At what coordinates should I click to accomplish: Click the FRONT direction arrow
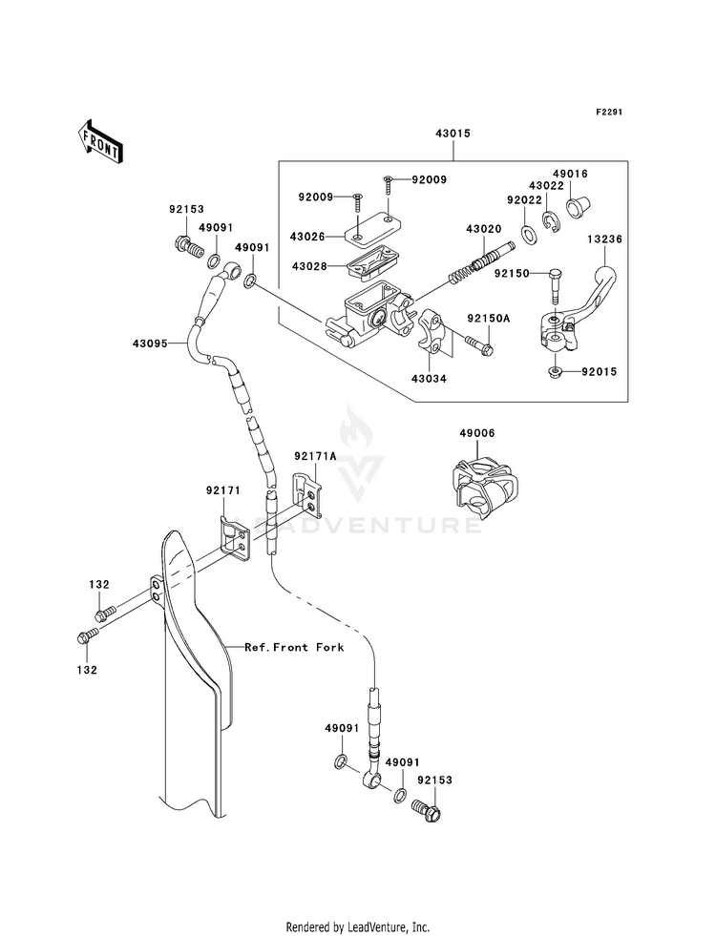99,141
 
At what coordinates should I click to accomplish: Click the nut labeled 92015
554,373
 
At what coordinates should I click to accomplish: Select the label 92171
222,491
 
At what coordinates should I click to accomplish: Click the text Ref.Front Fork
294,647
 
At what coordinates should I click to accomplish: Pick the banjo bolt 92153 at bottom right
426,811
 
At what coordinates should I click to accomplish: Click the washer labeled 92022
528,236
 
